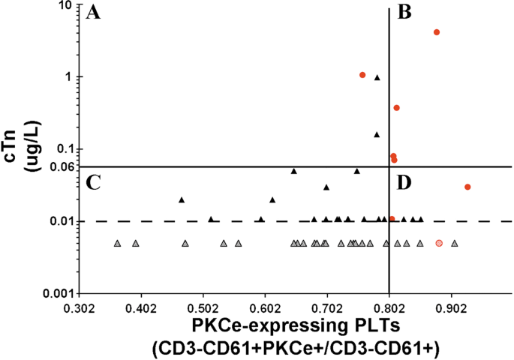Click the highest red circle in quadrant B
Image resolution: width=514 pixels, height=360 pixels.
click(x=437, y=32)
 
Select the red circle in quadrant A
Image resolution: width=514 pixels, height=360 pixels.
click(x=362, y=75)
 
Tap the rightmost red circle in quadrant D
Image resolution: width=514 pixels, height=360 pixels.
click(x=467, y=187)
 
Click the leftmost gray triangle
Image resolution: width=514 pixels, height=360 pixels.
click(x=118, y=243)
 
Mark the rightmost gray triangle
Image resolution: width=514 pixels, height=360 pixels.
click(x=454, y=243)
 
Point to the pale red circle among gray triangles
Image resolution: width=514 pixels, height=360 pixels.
click(x=440, y=243)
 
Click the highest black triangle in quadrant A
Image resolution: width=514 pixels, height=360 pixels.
click(x=377, y=77)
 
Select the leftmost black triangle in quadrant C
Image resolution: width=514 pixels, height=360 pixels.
click(x=182, y=199)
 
